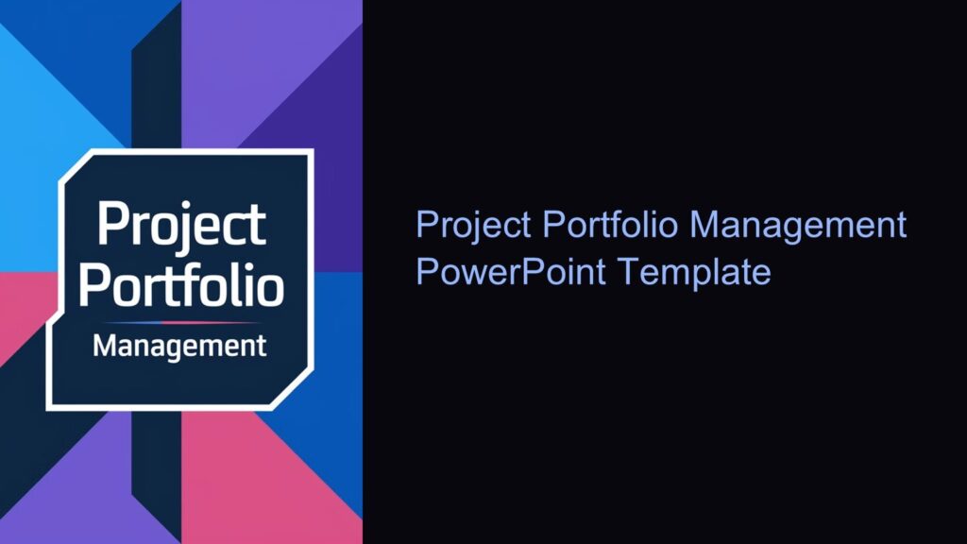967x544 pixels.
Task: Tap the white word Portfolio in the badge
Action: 180,286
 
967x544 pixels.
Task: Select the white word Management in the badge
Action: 179,347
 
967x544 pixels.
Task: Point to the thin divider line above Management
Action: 179,322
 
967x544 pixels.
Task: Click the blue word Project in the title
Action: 475,226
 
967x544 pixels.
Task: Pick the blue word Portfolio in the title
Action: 612,226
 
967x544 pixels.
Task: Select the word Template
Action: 695,272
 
